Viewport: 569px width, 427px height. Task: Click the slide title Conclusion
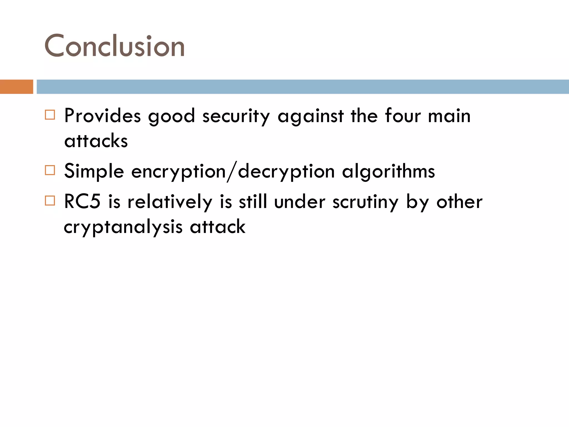coord(114,46)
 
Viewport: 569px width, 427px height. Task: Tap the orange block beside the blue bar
coord(16,87)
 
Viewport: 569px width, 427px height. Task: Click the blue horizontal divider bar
coord(303,87)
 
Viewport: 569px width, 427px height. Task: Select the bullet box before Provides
coord(50,115)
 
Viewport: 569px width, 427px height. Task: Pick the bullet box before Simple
coord(50,170)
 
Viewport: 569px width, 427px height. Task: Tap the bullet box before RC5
coord(50,200)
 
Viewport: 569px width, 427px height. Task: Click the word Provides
coord(102,116)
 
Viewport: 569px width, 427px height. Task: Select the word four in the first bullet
coord(403,116)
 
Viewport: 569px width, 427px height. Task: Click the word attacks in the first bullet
coord(96,141)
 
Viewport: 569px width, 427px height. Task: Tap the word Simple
coord(94,171)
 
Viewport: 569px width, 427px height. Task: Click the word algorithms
coord(388,171)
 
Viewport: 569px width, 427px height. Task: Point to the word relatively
coord(170,202)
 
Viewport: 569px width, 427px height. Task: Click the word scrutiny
coord(366,202)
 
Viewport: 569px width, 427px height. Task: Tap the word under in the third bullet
coord(300,202)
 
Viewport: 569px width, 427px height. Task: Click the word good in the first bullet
coord(171,116)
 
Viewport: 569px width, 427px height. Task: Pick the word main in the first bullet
coord(449,116)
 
